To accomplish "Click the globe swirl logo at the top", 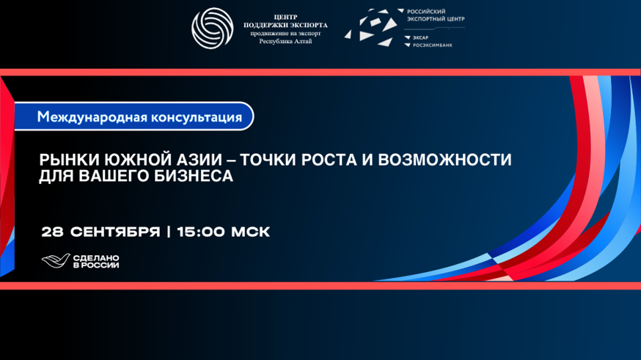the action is pos(213,28).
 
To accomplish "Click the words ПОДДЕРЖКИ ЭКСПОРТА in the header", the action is pos(285,26).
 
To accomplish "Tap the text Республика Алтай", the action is pos(285,41).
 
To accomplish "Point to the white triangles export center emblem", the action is pos(371,27).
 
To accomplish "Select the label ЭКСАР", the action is pos(420,37).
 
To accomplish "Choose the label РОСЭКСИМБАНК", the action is pos(433,45).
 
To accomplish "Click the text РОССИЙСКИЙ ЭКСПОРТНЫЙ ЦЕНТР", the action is pos(436,15).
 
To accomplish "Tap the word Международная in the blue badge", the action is pos(92,117).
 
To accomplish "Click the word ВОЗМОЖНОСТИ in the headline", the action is pos(444,160).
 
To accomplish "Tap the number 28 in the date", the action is pos(52,232).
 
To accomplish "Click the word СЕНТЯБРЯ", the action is pos(115,232).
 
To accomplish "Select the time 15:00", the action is pos(201,232).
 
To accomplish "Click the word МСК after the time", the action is pos(251,232).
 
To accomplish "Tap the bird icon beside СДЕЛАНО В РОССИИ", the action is pos(56,261).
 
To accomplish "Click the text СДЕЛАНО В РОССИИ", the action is pos(96,262).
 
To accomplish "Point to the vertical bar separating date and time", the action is pos(169,232).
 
